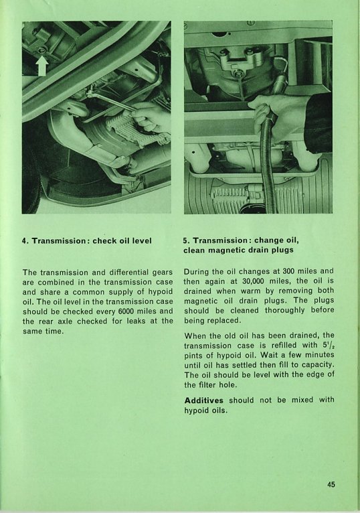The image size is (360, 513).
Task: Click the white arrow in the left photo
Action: [x=42, y=66]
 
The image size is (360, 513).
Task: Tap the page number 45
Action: [x=331, y=484]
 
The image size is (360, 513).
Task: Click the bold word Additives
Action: [x=203, y=400]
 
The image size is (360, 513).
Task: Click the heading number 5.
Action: [x=187, y=241]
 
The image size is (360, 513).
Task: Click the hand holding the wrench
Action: [x=151, y=117]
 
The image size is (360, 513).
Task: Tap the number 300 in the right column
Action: [x=288, y=271]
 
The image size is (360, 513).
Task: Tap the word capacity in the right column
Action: [x=319, y=365]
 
